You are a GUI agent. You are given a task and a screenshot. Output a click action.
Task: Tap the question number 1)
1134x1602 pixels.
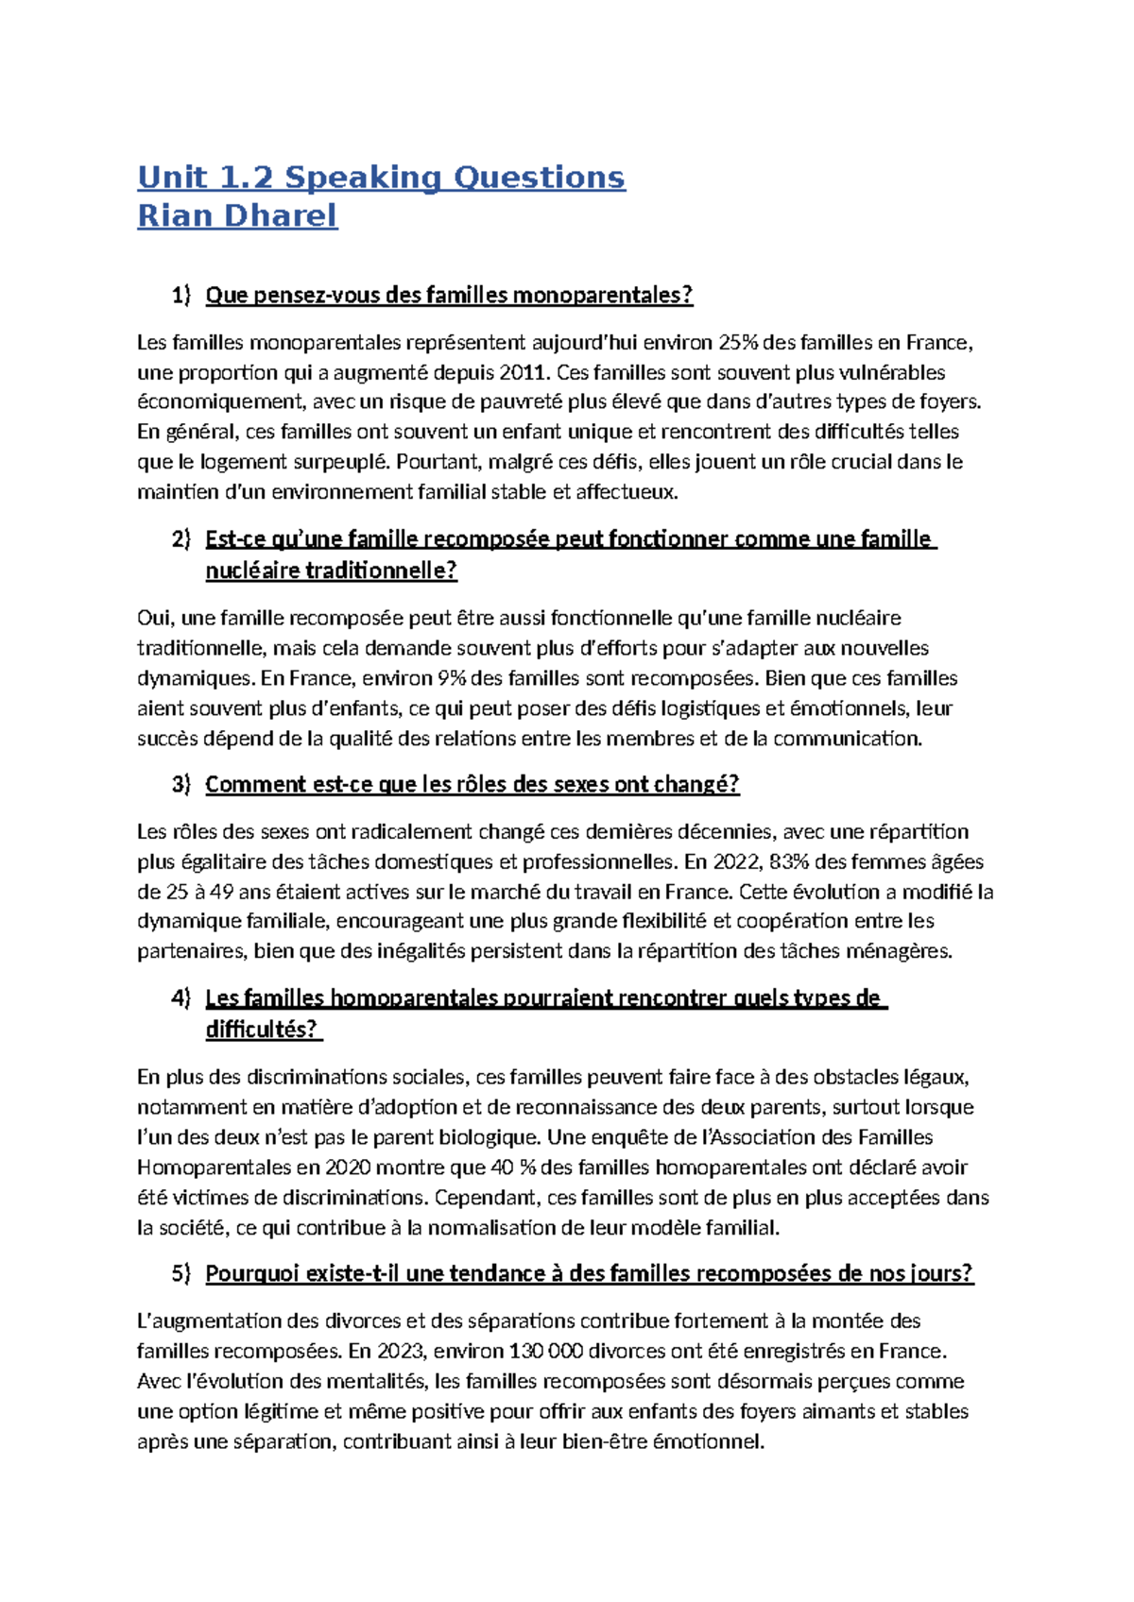pyautogui.click(x=180, y=295)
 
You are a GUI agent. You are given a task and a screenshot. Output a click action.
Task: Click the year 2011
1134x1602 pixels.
pyautogui.click(x=521, y=372)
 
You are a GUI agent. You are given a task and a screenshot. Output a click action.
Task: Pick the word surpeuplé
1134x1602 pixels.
pyautogui.click(x=341, y=462)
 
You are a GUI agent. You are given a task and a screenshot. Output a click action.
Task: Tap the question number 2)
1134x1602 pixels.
pyautogui.click(x=180, y=539)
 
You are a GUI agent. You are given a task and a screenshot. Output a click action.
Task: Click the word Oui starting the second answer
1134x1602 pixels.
pyautogui.click(x=155, y=618)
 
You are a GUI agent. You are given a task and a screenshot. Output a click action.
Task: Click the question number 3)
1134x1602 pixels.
pyautogui.click(x=180, y=784)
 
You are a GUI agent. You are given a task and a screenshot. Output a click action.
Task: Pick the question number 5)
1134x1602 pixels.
pyautogui.click(x=180, y=1273)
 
